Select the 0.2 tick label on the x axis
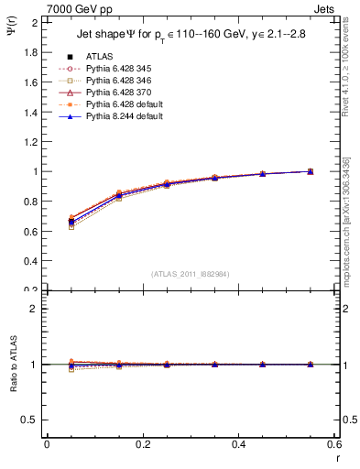pos(142,444)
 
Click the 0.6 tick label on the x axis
pos(333,444)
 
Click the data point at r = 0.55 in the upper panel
pos(310,171)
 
